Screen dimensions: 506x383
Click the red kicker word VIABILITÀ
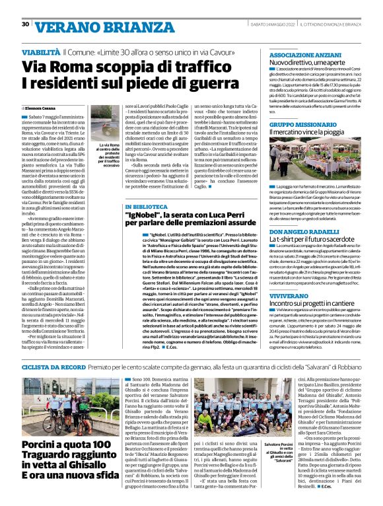tap(40, 51)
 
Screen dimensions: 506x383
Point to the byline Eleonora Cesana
tap(41, 107)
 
